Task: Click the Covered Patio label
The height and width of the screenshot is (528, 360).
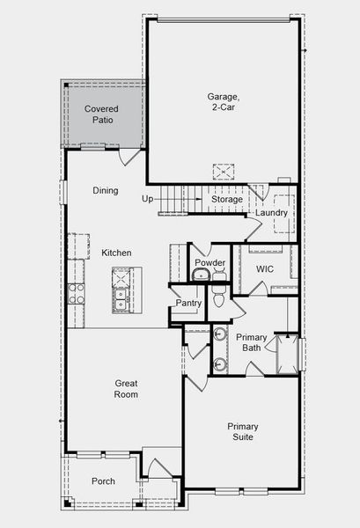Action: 101,114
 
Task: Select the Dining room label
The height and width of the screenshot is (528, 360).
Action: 106,191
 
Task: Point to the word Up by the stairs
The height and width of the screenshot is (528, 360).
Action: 147,200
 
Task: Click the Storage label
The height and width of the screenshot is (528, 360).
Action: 226,200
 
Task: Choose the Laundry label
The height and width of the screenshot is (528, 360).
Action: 272,213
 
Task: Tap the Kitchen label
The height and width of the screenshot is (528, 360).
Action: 116,253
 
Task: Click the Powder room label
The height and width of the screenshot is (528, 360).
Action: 209,263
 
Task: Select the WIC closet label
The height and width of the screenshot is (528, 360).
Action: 266,268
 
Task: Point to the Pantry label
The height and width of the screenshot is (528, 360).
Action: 188,304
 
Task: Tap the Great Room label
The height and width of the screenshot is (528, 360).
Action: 126,389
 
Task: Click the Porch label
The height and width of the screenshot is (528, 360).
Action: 103,481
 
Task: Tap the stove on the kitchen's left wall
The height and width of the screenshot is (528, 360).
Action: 77,292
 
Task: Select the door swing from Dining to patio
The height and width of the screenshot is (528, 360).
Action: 129,157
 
